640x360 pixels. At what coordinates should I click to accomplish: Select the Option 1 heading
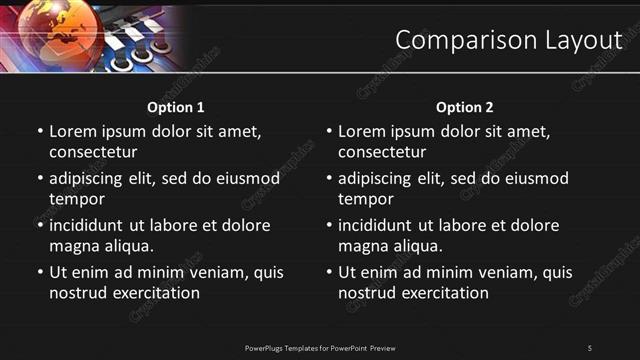[x=176, y=107]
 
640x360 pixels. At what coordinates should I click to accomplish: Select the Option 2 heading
[x=465, y=107]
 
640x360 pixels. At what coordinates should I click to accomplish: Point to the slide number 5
[x=590, y=347]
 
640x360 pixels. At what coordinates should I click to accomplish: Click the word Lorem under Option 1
[x=73, y=131]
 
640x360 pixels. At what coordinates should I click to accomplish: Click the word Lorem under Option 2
[x=362, y=131]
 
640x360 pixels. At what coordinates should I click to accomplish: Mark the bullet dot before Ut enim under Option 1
[x=39, y=272]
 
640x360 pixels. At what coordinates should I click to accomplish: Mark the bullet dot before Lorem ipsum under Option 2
[x=328, y=131]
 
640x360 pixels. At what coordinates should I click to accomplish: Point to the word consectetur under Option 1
[x=93, y=152]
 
